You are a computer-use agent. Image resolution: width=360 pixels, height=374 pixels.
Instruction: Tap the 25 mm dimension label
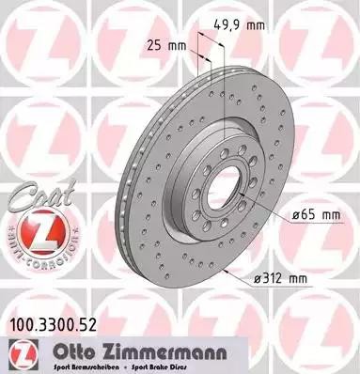[164, 44]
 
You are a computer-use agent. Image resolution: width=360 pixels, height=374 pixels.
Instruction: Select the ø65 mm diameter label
[315, 214]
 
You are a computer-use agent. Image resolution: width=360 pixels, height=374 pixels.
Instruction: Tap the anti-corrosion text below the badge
[34, 257]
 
